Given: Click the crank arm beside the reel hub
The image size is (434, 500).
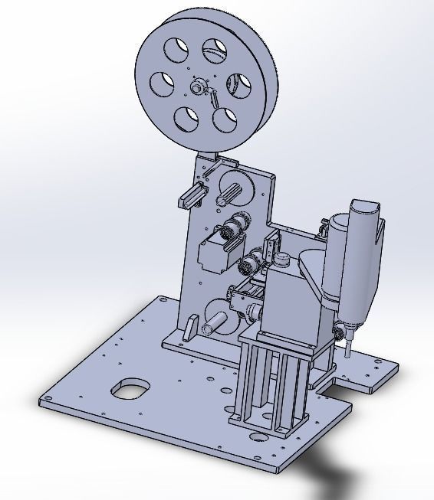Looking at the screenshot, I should click(x=215, y=98).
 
